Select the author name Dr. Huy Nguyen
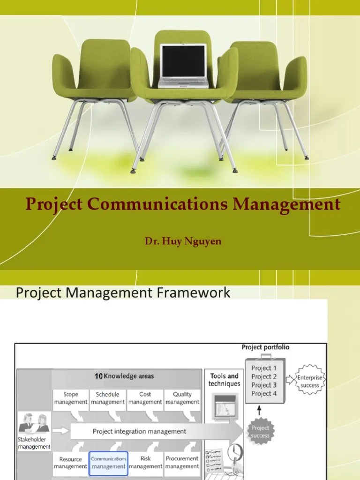pos(183,241)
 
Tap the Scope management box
pos(70,398)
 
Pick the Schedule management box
pos(107,398)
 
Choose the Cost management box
pos(145,398)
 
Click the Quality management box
pos(182,398)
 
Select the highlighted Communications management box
pos(108,463)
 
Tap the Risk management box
pos(145,463)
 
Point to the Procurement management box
pos(182,463)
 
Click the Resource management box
pos(70,463)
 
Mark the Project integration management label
pos(139,431)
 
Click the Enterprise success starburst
pos(310,382)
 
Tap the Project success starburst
pos(260,432)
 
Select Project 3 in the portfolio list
pos(264,385)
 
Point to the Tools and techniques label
pos(224,380)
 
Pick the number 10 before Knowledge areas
pos(98,376)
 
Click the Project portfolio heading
pos(265,347)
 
